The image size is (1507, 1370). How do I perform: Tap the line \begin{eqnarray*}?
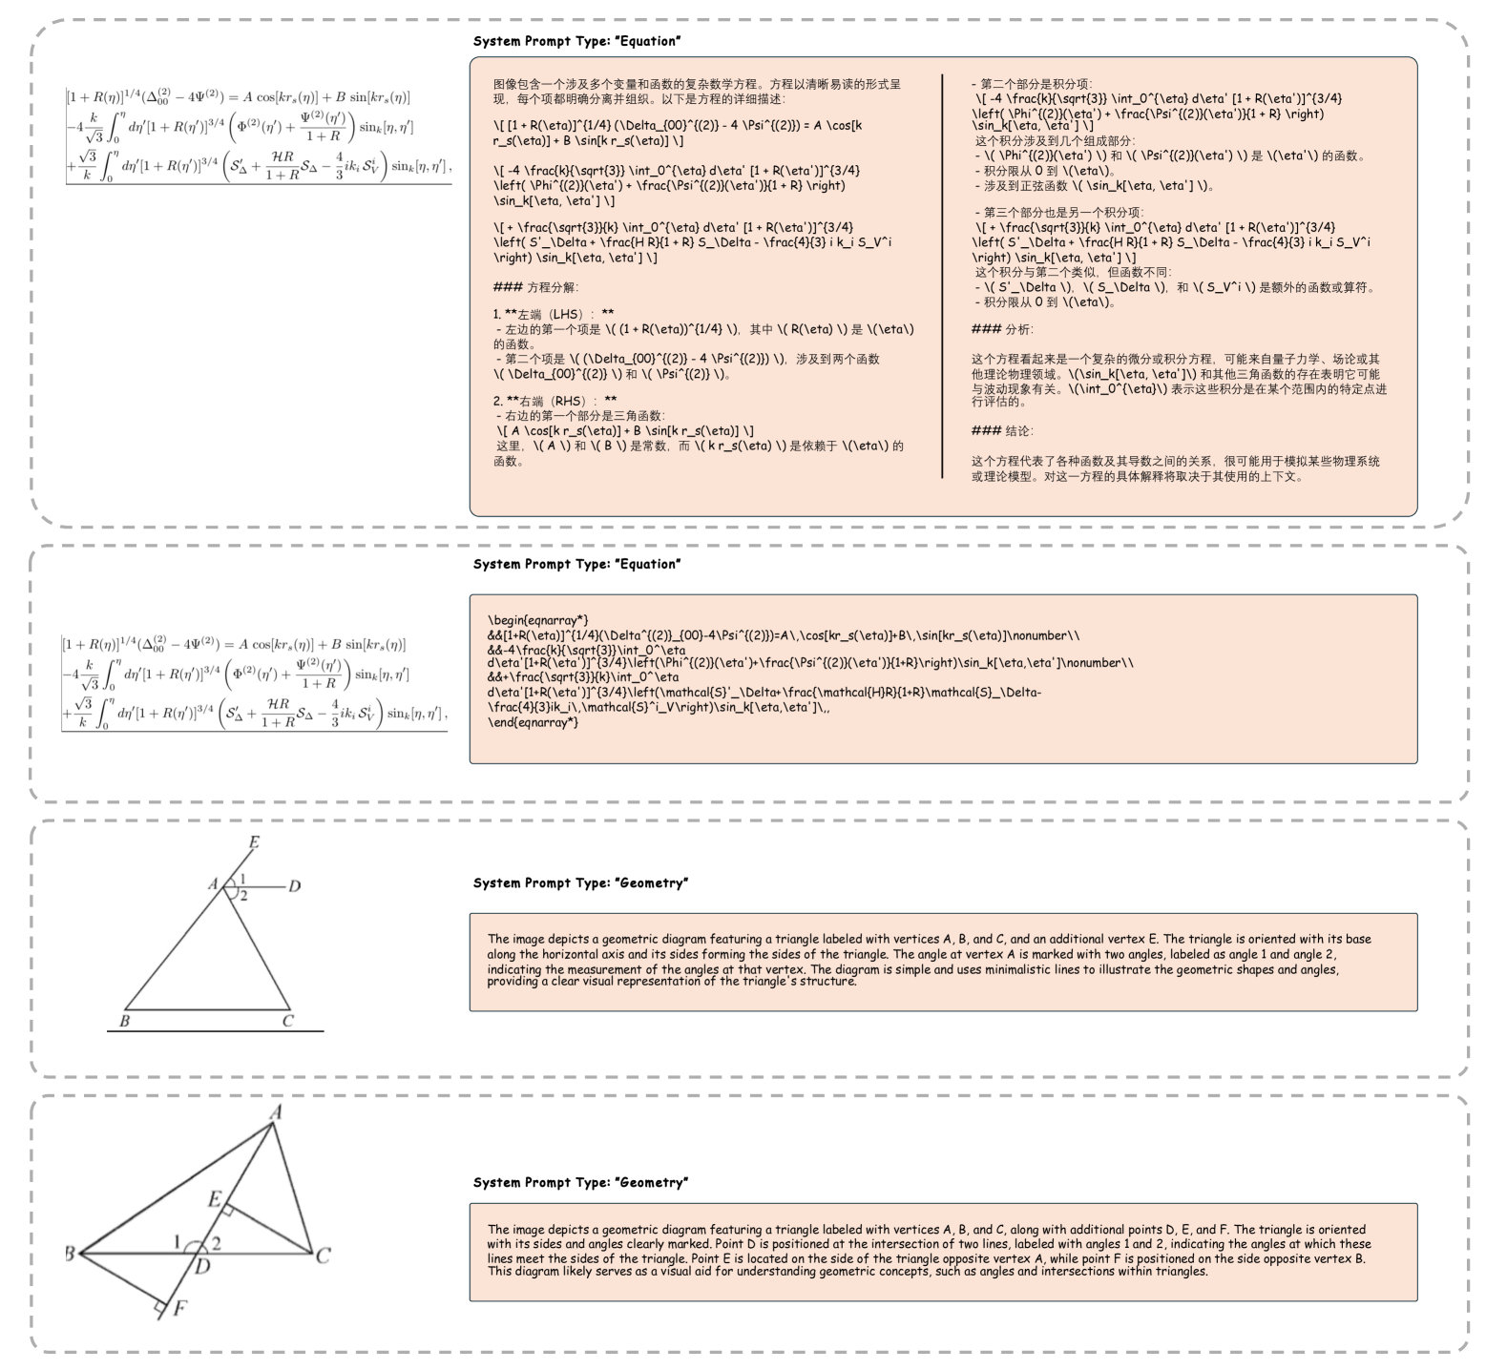click(537, 620)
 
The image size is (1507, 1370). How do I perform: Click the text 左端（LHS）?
click(554, 314)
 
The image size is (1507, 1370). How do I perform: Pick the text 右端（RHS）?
click(555, 401)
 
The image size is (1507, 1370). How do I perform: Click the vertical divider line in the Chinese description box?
click(942, 277)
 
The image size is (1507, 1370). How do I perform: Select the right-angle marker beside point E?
click(228, 1210)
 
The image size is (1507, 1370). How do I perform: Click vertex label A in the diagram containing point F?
click(276, 1111)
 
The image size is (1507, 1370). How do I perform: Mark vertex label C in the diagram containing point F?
click(323, 1256)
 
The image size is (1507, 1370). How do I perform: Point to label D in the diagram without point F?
click(295, 886)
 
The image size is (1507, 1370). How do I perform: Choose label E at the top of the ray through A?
click(254, 842)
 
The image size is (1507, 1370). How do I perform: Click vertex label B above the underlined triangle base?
click(124, 1021)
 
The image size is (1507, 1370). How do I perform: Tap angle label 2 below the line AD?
click(243, 896)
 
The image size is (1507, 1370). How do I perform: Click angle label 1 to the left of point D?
click(177, 1241)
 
